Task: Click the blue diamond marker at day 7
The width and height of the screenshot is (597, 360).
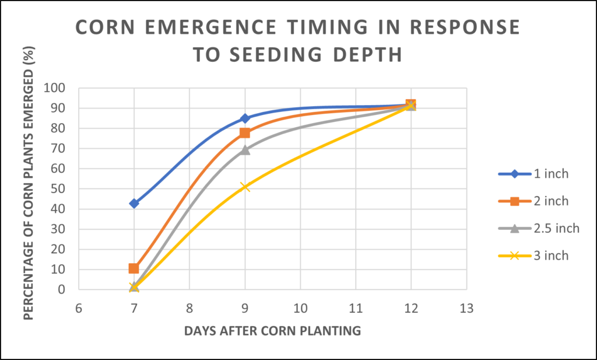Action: [134, 203]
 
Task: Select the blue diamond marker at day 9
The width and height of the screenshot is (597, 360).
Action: [245, 118]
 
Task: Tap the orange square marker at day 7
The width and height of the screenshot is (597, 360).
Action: [134, 268]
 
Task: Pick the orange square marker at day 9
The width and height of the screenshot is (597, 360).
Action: [245, 133]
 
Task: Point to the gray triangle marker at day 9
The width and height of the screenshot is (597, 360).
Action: [245, 150]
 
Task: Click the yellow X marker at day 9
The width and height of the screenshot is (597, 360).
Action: [245, 187]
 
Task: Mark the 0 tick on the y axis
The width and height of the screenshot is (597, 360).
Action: [69, 290]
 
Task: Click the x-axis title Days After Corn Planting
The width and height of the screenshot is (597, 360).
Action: [272, 331]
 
